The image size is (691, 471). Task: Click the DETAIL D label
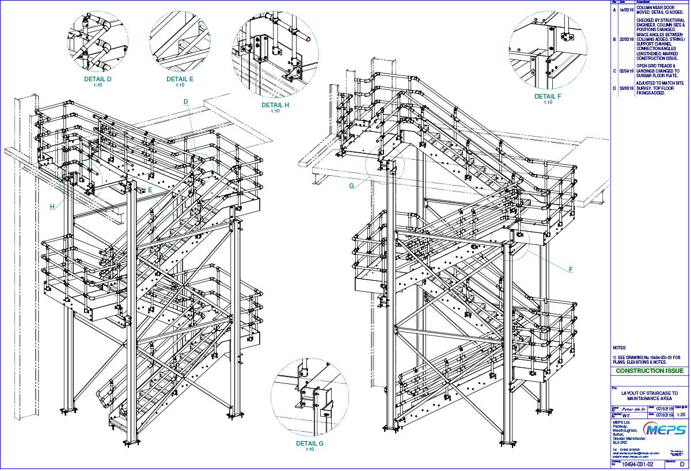98,79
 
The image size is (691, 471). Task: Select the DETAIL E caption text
180,79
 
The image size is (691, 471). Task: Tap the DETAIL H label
275,105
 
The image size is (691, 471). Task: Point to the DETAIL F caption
547,96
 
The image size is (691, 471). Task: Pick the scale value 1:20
680,414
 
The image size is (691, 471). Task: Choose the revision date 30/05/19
626,89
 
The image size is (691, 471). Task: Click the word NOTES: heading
619,348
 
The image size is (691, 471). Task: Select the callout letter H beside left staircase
52,206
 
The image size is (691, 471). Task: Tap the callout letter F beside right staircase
570,269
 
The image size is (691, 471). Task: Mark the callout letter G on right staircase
351,186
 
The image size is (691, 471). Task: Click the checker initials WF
629,414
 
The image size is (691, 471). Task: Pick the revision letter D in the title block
682,464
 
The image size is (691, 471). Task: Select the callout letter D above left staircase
185,101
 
